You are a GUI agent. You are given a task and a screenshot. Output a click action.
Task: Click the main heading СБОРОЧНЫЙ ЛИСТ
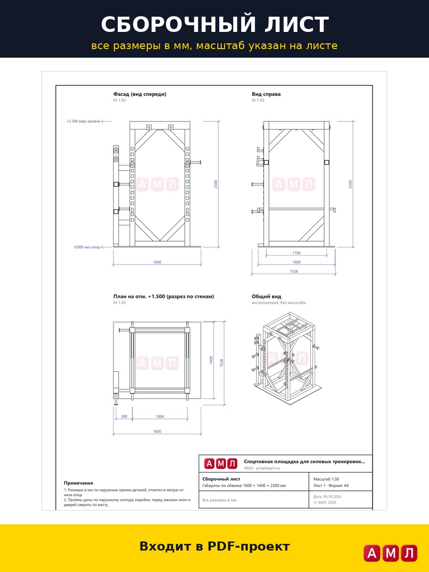(x=214, y=24)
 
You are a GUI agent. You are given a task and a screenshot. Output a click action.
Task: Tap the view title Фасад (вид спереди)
(x=140, y=94)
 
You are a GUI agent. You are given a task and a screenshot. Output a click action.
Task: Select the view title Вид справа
(x=266, y=94)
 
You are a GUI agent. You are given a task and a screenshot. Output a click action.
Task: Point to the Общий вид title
(x=266, y=296)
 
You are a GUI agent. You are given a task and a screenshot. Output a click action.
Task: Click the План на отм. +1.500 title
(x=163, y=296)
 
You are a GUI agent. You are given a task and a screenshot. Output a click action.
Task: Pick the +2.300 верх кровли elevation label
(x=83, y=121)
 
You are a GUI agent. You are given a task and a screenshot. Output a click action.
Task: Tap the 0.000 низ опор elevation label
(x=87, y=247)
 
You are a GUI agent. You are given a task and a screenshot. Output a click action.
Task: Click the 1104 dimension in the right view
(x=296, y=253)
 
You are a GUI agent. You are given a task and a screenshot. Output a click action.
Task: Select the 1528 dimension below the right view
(x=294, y=271)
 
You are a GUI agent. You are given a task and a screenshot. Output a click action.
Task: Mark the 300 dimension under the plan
(x=124, y=417)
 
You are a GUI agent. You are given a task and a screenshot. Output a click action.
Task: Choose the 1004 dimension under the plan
(x=160, y=417)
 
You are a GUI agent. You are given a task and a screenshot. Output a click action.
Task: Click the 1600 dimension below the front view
(x=157, y=262)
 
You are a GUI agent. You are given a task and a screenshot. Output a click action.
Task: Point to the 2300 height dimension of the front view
(x=215, y=184)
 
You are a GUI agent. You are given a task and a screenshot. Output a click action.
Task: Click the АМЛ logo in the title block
(x=221, y=464)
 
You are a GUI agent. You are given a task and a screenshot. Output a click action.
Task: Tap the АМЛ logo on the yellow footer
(x=390, y=553)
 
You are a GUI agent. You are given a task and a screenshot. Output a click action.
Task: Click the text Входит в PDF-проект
(x=214, y=546)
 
